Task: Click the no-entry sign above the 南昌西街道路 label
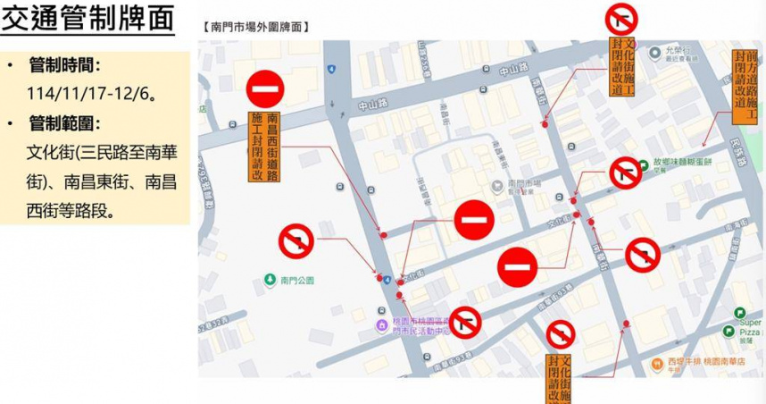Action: click(x=265, y=88)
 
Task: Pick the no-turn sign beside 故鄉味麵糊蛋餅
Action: click(x=625, y=173)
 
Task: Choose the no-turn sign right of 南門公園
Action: click(x=296, y=240)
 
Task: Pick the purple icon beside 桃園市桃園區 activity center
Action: click(x=381, y=324)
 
